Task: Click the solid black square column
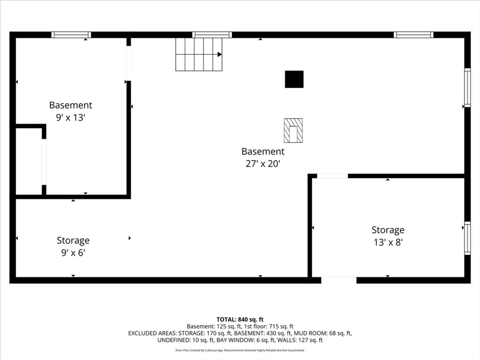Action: pos(294,79)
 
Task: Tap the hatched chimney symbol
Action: pos(293,130)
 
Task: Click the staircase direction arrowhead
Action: pos(220,54)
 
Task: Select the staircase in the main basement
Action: pos(199,54)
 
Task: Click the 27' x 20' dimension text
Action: pos(263,164)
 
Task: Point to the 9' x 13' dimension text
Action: pos(70,118)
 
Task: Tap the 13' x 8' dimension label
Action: pos(388,242)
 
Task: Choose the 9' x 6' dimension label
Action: pos(73,253)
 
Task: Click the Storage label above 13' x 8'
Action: pos(388,230)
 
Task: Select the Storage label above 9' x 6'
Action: pos(73,240)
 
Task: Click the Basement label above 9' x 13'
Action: pos(70,105)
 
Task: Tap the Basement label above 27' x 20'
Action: pos(263,151)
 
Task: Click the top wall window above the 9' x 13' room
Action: pos(71,35)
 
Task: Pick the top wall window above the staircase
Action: pos(212,35)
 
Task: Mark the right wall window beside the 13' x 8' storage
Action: pos(467,238)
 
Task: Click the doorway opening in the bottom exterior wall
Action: pos(339,280)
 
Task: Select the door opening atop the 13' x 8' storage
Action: pos(332,176)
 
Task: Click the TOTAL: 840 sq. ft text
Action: pos(240,320)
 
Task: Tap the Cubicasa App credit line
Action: pos(240,350)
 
